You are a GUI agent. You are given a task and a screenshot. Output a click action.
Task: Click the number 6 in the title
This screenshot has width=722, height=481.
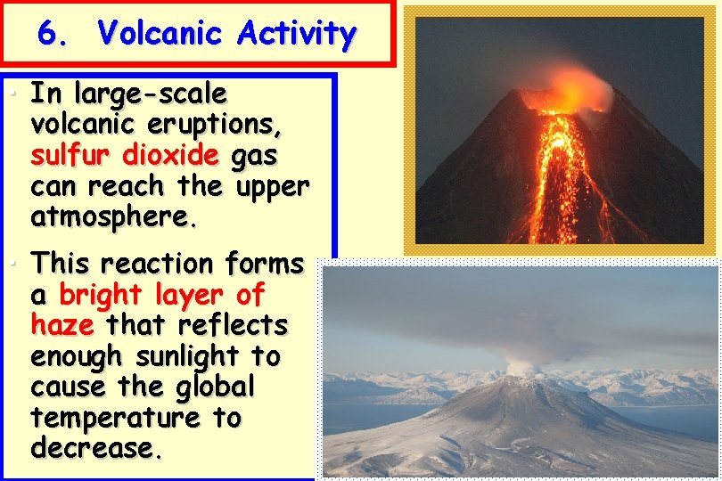(49, 35)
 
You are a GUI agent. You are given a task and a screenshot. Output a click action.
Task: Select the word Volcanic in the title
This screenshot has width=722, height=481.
(160, 35)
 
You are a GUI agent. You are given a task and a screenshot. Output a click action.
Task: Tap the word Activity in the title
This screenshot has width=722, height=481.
(297, 35)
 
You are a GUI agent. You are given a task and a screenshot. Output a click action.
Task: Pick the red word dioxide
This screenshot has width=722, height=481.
(170, 156)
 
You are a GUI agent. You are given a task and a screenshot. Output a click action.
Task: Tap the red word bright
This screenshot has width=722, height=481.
(103, 295)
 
